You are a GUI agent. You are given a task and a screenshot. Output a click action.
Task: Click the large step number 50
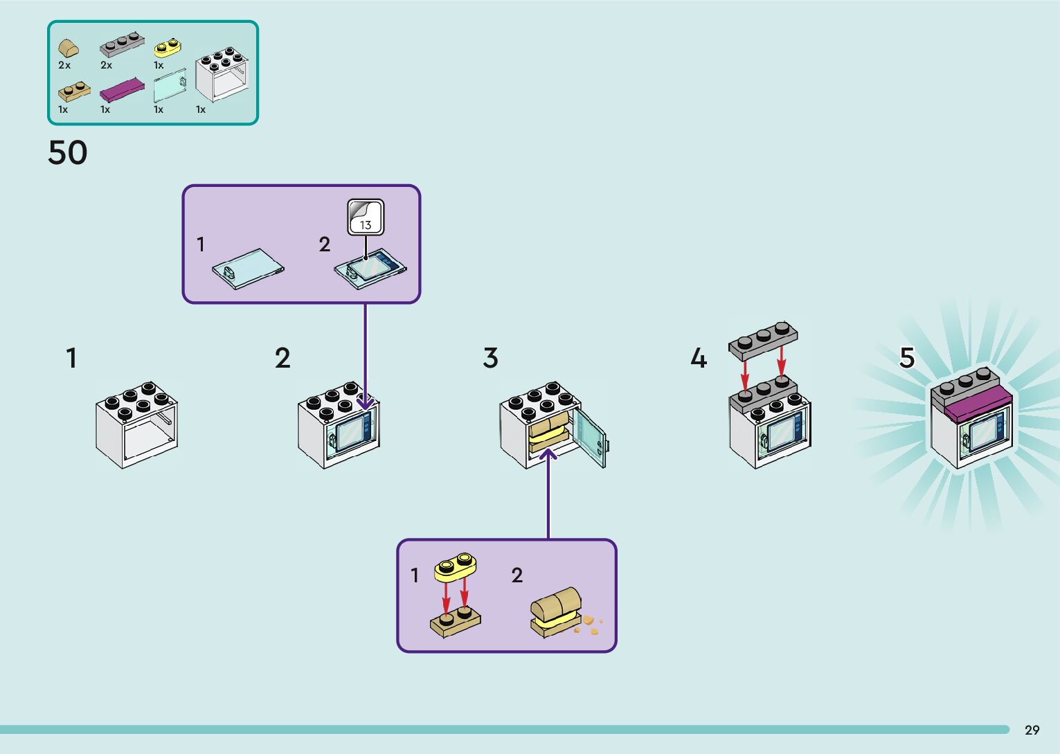[68, 153]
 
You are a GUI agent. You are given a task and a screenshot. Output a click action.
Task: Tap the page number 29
[1032, 730]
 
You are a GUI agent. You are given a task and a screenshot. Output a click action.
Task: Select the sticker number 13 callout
[366, 217]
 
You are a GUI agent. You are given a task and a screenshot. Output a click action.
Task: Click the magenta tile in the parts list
[122, 90]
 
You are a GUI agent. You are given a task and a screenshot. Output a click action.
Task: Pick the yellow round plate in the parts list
[167, 47]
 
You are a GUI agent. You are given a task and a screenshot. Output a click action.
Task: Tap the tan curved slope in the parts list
[68, 48]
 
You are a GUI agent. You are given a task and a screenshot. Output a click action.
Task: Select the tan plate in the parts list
[74, 90]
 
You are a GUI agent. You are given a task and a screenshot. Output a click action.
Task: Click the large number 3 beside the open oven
[490, 359]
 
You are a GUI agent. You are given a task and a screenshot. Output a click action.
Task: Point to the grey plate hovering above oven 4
[763, 340]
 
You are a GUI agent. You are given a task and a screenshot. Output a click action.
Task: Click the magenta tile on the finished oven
[977, 404]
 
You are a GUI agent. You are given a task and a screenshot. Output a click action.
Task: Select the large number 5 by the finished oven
[906, 358]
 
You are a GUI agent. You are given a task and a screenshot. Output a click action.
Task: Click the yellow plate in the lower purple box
[455, 567]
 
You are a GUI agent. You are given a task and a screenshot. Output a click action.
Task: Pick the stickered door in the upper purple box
[371, 267]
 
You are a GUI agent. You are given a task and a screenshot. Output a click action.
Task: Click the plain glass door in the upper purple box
[248, 268]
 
